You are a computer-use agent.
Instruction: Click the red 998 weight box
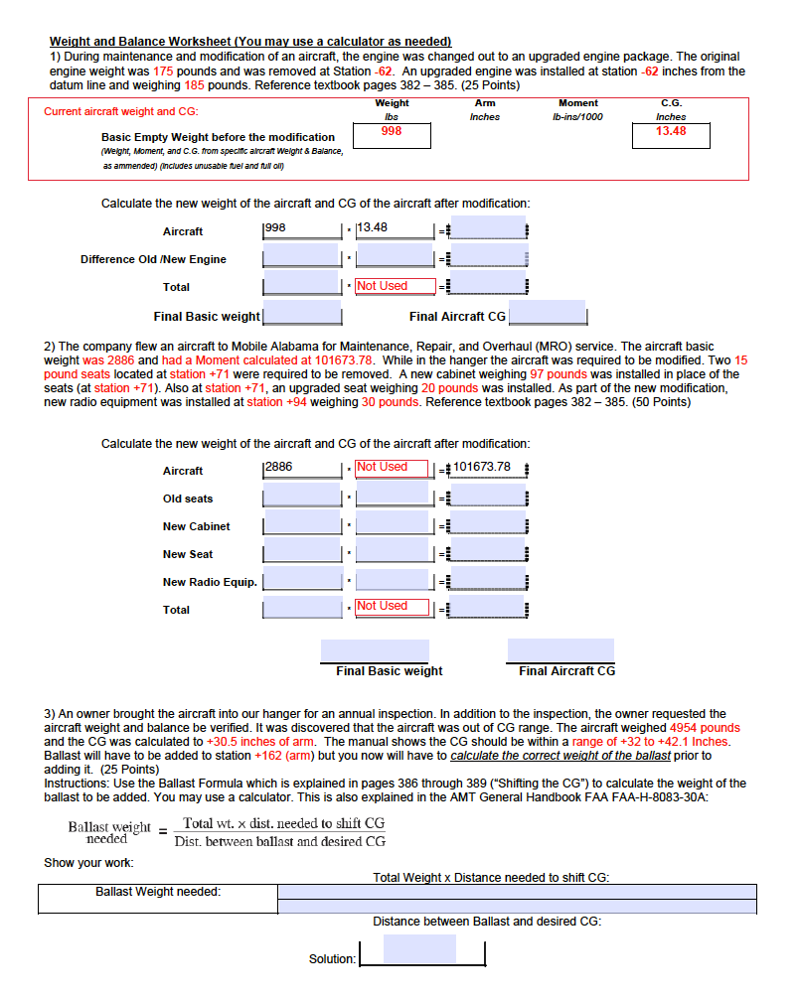[392, 136]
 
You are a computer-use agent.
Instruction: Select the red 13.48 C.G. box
[671, 135]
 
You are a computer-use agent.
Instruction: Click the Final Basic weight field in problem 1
[302, 316]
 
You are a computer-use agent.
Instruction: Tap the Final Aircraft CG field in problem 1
[547, 316]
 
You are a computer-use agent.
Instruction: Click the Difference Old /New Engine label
[153, 259]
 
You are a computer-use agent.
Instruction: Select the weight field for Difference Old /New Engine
[302, 258]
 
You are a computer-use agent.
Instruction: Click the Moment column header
[577, 103]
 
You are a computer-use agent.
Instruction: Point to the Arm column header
[485, 103]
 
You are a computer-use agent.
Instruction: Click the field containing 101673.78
[487, 469]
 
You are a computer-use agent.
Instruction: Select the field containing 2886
[302, 469]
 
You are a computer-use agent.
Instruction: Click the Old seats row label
[188, 499]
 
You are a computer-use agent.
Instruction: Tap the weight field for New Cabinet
[302, 525]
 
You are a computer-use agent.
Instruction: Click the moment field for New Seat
[487, 554]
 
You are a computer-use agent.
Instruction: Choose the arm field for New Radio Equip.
[393, 581]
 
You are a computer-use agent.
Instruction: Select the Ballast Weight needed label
[158, 892]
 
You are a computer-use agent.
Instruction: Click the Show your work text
[88, 862]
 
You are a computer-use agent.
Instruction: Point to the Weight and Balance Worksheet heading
[250, 42]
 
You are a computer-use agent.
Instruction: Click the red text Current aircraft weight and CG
[120, 111]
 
